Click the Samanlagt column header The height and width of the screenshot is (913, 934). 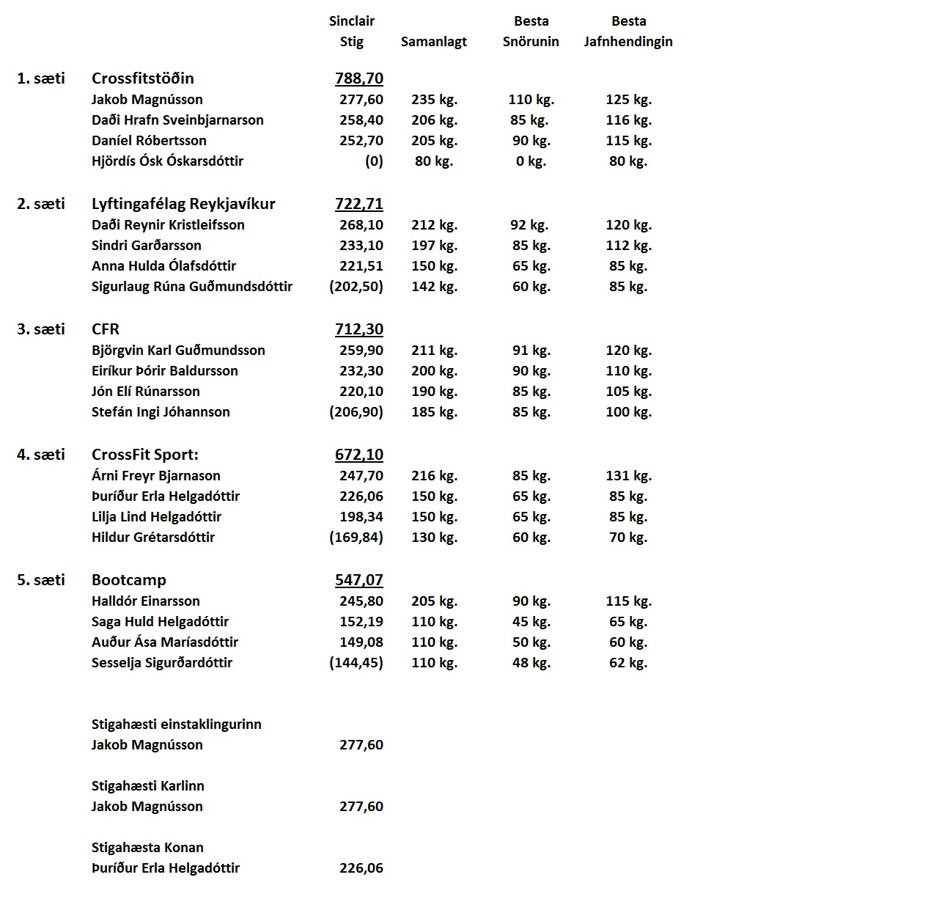click(433, 42)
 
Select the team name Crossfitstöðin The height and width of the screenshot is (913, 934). click(142, 78)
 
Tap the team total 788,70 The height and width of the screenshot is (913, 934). click(358, 78)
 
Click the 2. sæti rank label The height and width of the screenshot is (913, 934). click(41, 204)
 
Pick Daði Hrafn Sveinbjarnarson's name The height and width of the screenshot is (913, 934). click(177, 120)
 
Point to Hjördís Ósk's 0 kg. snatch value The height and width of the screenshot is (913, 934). click(531, 161)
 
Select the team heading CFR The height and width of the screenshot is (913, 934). click(106, 329)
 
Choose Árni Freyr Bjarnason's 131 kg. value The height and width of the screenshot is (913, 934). click(628, 476)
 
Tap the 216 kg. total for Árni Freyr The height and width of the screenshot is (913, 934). click(434, 476)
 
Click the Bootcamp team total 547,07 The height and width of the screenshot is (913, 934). click(358, 580)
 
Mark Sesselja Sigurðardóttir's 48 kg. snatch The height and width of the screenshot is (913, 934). click(531, 663)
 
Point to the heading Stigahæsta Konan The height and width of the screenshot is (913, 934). click(147, 848)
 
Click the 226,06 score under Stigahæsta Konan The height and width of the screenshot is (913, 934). click(361, 868)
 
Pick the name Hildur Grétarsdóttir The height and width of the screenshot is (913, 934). click(153, 538)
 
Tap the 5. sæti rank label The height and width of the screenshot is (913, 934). click(41, 580)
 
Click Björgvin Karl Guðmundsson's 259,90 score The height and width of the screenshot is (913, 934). click(361, 351)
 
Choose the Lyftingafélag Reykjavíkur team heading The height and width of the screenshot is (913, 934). click(183, 204)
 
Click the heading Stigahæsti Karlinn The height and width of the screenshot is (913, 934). click(147, 786)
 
